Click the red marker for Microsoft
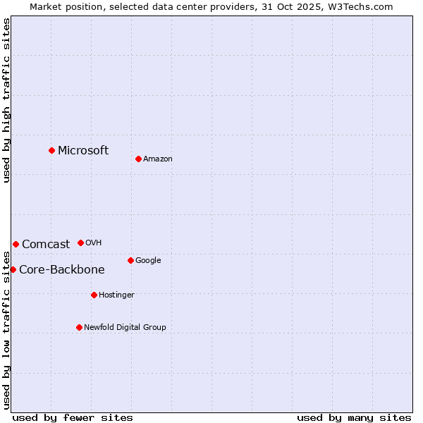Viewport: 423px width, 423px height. click(51, 150)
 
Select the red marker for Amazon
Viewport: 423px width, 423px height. click(138, 159)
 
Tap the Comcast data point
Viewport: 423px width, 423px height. click(16, 244)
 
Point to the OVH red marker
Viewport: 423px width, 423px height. click(80, 243)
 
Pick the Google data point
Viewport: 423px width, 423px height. click(130, 260)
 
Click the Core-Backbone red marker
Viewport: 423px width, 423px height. click(13, 269)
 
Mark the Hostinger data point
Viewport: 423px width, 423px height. click(94, 295)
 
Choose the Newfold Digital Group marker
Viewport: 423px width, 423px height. click(79, 327)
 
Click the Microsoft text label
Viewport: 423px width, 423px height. click(83, 150)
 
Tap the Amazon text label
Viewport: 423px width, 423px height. click(158, 159)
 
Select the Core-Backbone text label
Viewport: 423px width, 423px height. click(62, 269)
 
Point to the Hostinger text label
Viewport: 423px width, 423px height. click(116, 295)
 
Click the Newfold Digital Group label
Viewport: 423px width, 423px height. click(125, 327)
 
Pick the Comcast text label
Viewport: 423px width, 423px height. click(46, 245)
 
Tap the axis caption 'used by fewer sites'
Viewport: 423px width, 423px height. click(73, 417)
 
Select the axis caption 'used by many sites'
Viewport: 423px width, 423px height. click(354, 417)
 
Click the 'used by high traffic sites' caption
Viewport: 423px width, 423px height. click(6, 100)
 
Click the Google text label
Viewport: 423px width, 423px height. click(148, 260)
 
